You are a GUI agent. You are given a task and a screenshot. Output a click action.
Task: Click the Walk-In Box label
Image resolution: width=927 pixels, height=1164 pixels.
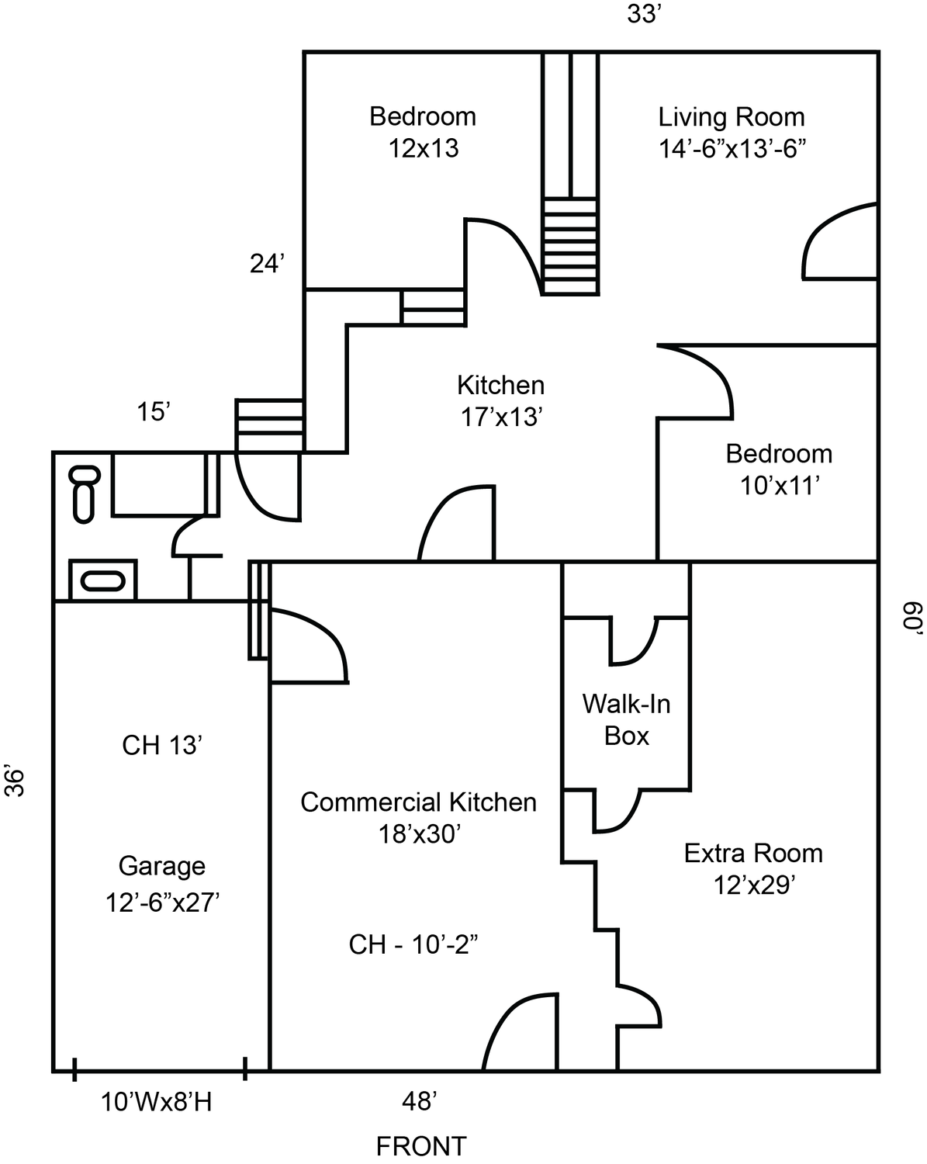coord(626,719)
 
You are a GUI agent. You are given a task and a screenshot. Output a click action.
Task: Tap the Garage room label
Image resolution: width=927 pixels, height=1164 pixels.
coord(162,866)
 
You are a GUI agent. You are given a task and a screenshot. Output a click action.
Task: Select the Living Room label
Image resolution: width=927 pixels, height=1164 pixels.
coord(732,117)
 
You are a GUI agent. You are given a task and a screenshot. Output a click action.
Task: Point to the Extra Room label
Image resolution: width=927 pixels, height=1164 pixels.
coord(753,854)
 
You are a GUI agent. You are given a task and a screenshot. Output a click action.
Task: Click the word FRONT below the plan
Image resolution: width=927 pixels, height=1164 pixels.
coord(421,1146)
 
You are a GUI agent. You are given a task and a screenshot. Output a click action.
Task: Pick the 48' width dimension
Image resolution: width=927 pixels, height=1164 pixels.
coord(420,1101)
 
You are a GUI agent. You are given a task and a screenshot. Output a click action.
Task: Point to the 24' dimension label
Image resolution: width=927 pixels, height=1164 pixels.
coord(268,264)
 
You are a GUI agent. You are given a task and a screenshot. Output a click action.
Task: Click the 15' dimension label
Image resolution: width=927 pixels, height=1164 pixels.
coord(154,412)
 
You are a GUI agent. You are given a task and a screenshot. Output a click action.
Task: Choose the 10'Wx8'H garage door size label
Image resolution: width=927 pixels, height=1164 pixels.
coord(156,1102)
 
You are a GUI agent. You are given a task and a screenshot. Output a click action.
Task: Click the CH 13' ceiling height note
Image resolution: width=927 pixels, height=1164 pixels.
coord(162,745)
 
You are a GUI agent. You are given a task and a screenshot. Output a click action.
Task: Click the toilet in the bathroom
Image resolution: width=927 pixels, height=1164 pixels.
coord(85,492)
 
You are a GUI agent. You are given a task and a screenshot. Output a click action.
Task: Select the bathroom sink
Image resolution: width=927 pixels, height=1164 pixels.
coord(103,580)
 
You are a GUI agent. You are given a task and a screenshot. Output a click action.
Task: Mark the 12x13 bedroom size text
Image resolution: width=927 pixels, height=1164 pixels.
coord(424,148)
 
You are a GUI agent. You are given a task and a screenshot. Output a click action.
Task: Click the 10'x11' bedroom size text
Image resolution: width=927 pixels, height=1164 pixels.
coord(780,486)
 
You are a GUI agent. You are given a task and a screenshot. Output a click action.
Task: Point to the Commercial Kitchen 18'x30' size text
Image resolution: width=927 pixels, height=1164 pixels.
coord(420,834)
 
